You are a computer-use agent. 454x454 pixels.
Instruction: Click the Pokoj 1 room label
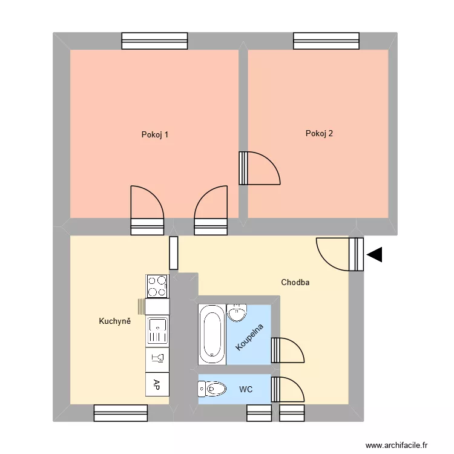154,134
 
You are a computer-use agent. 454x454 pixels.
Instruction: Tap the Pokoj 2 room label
319,134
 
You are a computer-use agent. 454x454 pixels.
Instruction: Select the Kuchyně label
115,321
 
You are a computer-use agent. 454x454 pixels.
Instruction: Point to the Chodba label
295,282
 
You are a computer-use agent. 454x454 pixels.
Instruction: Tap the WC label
246,389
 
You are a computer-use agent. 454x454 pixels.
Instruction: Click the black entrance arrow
375,255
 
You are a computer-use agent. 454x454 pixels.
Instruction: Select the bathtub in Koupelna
212,334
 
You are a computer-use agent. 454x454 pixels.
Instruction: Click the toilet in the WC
210,389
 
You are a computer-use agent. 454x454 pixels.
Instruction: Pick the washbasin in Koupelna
237,313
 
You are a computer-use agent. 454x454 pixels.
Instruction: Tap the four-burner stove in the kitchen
157,286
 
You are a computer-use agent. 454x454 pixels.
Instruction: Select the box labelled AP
157,383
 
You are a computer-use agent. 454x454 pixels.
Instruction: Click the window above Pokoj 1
154,41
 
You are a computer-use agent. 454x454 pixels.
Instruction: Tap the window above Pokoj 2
326,41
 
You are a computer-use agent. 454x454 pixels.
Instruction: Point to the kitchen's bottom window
121,413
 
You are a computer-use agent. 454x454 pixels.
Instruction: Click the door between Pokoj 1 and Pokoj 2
259,168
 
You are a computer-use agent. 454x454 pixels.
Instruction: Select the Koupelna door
287,350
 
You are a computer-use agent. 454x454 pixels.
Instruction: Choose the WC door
287,389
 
